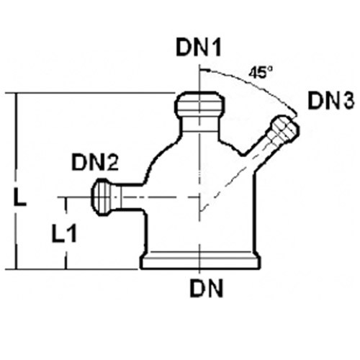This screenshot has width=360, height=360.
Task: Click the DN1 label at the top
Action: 199,48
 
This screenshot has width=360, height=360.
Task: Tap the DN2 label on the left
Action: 95,163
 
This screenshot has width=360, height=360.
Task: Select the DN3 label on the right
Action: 331,101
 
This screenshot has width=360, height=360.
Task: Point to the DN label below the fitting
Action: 207,289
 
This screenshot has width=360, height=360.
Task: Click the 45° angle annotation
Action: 261,73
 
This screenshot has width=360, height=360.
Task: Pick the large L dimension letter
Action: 20,197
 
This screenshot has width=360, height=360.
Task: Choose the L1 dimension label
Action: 64,233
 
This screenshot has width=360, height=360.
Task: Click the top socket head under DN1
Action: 199,104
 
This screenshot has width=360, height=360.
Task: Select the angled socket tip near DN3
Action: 285,130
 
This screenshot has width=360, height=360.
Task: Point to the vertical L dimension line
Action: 17,181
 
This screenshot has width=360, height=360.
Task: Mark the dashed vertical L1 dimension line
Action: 66,233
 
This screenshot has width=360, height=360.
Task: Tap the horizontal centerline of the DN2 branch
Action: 128,197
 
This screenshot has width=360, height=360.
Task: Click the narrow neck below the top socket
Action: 200,125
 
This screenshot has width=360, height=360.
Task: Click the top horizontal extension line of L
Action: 96,92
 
